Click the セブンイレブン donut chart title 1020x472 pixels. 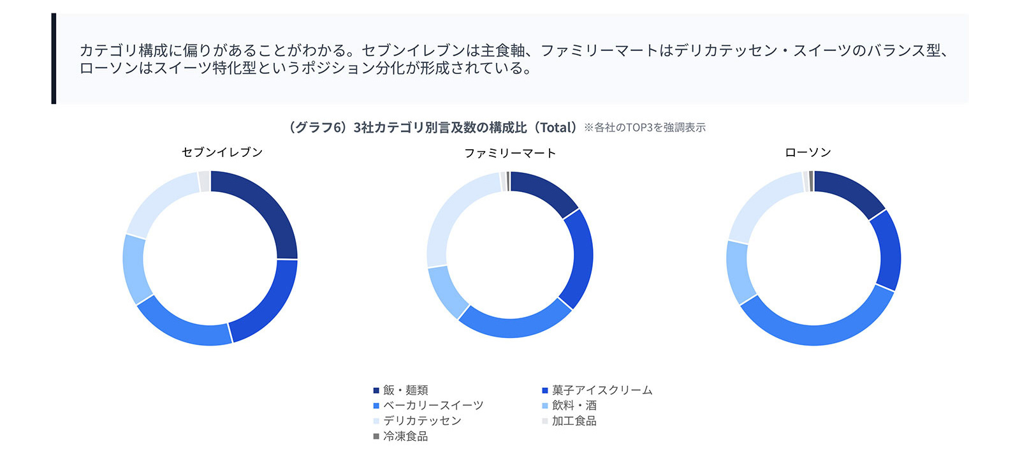tap(222, 152)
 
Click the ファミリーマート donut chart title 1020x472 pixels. tap(509, 153)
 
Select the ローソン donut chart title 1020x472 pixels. tap(808, 152)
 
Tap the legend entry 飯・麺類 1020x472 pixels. tap(405, 390)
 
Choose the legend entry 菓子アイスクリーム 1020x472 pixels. tap(601, 390)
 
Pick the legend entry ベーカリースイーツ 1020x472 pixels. tap(432, 406)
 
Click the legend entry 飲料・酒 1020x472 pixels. tap(574, 406)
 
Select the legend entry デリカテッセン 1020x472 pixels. tap(421, 421)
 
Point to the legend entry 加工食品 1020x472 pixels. tap(574, 421)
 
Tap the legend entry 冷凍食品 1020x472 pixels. tap(405, 436)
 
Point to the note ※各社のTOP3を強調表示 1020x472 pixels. tap(645, 128)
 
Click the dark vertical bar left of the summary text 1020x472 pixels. tap(54, 59)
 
